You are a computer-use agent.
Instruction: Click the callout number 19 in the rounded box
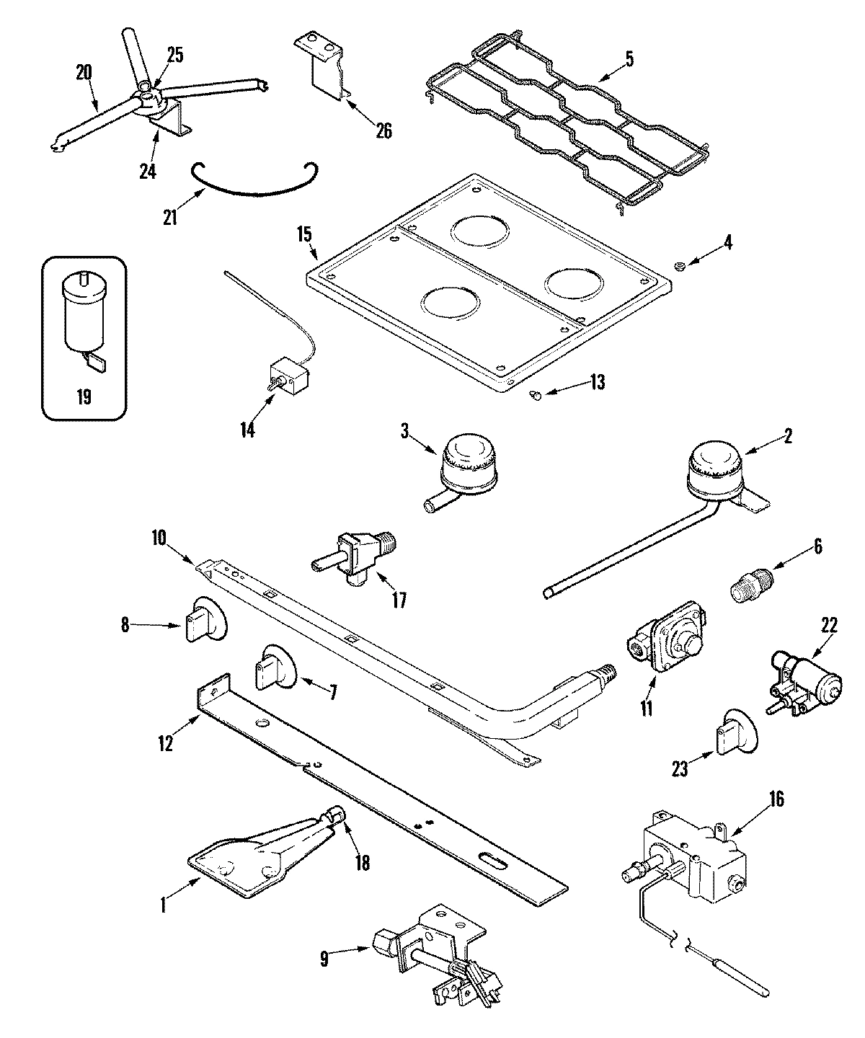(x=84, y=396)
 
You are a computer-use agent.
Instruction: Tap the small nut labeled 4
(x=678, y=269)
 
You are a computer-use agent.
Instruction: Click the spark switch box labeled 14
(x=289, y=376)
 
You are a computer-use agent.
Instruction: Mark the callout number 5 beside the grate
(x=629, y=59)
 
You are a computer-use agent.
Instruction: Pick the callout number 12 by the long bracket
(x=166, y=744)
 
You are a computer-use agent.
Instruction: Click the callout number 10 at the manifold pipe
(x=159, y=537)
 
